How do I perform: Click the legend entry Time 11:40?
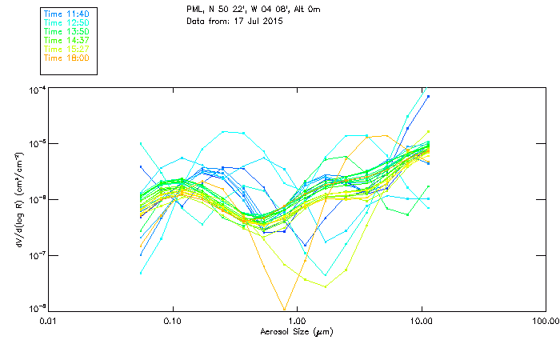pos(66,14)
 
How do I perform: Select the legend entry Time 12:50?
pos(66,22)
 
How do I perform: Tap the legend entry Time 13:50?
pos(66,31)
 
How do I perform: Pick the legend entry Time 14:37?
pos(66,40)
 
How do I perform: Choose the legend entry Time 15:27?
pos(66,49)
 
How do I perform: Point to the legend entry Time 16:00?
pos(66,58)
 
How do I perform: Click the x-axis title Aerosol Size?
pos(296,331)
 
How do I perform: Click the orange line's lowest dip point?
pos(284,309)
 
